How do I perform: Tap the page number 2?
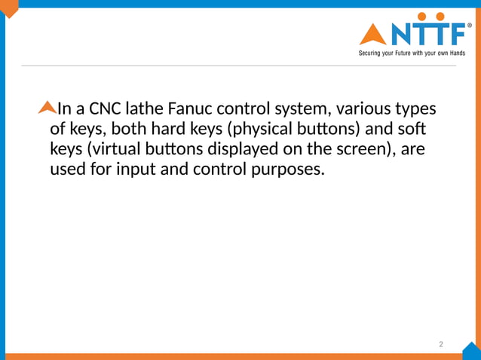pyautogui.click(x=441, y=344)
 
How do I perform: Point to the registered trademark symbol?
pyautogui.click(x=470, y=25)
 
